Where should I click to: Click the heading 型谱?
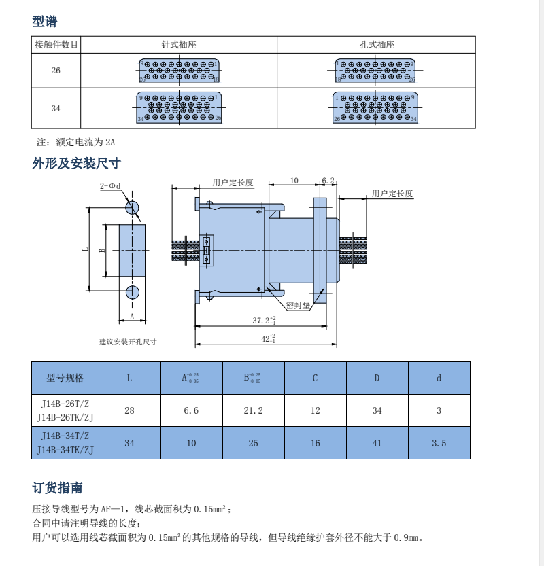[45, 22]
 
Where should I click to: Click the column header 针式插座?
[179, 45]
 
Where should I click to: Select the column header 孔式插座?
[377, 45]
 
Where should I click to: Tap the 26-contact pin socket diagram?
[179, 70]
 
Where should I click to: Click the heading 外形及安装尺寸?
[76, 163]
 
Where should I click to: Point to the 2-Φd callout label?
[110, 186]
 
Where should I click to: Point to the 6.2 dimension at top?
[328, 181]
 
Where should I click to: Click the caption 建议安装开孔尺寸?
[128, 342]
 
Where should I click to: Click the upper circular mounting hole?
[132, 207]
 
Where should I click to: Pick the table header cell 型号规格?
[65, 378]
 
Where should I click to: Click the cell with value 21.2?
[253, 410]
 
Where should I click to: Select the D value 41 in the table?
[377, 443]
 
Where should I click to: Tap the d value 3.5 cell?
[439, 443]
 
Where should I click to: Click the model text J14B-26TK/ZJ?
[65, 417]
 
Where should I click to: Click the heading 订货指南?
[58, 488]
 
